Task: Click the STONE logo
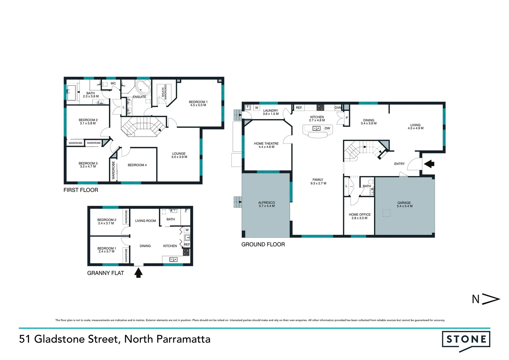pos(466,340)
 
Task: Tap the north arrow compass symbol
pos(486,299)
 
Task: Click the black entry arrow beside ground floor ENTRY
pos(429,164)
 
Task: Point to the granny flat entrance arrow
pos(138,273)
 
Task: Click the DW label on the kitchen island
pos(327,128)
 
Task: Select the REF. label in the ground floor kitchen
pos(299,108)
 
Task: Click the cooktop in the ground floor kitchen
pos(320,108)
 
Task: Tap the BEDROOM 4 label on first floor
pos(137,165)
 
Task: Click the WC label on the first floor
pos(113,83)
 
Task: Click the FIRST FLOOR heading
pos(81,190)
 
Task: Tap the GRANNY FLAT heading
pos(105,273)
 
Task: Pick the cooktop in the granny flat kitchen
pos(186,252)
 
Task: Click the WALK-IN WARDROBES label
pos(164,91)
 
